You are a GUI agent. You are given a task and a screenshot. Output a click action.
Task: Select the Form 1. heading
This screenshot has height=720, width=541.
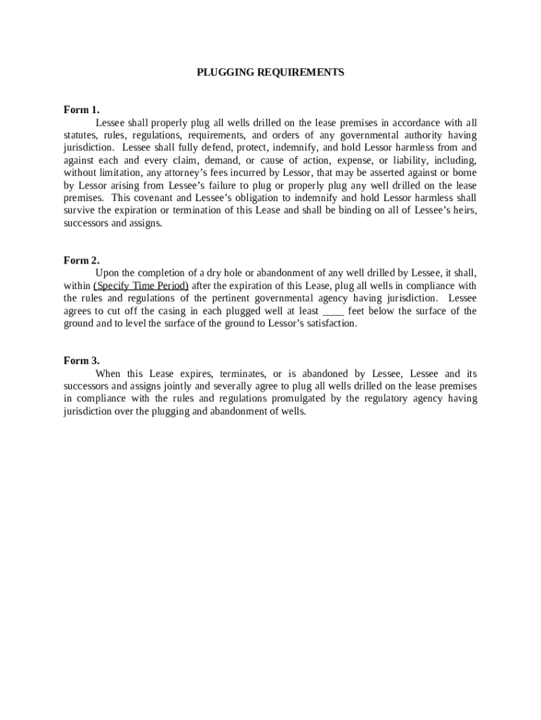pos(82,110)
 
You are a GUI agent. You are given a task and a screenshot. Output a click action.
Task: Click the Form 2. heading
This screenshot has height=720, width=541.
pos(82,260)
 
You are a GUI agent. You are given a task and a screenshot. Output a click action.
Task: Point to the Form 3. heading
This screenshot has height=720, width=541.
pos(82,361)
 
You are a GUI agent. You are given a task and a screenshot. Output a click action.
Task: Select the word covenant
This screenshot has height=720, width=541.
pos(161,198)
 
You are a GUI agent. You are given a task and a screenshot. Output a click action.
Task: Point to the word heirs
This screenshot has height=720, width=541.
pos(462,211)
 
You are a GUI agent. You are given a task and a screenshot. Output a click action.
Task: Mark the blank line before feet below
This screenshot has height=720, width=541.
pos(333,311)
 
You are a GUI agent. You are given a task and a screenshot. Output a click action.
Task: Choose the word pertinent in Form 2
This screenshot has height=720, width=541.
pos(233,298)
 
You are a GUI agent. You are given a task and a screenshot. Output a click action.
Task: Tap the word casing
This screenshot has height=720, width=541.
pos(174,311)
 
